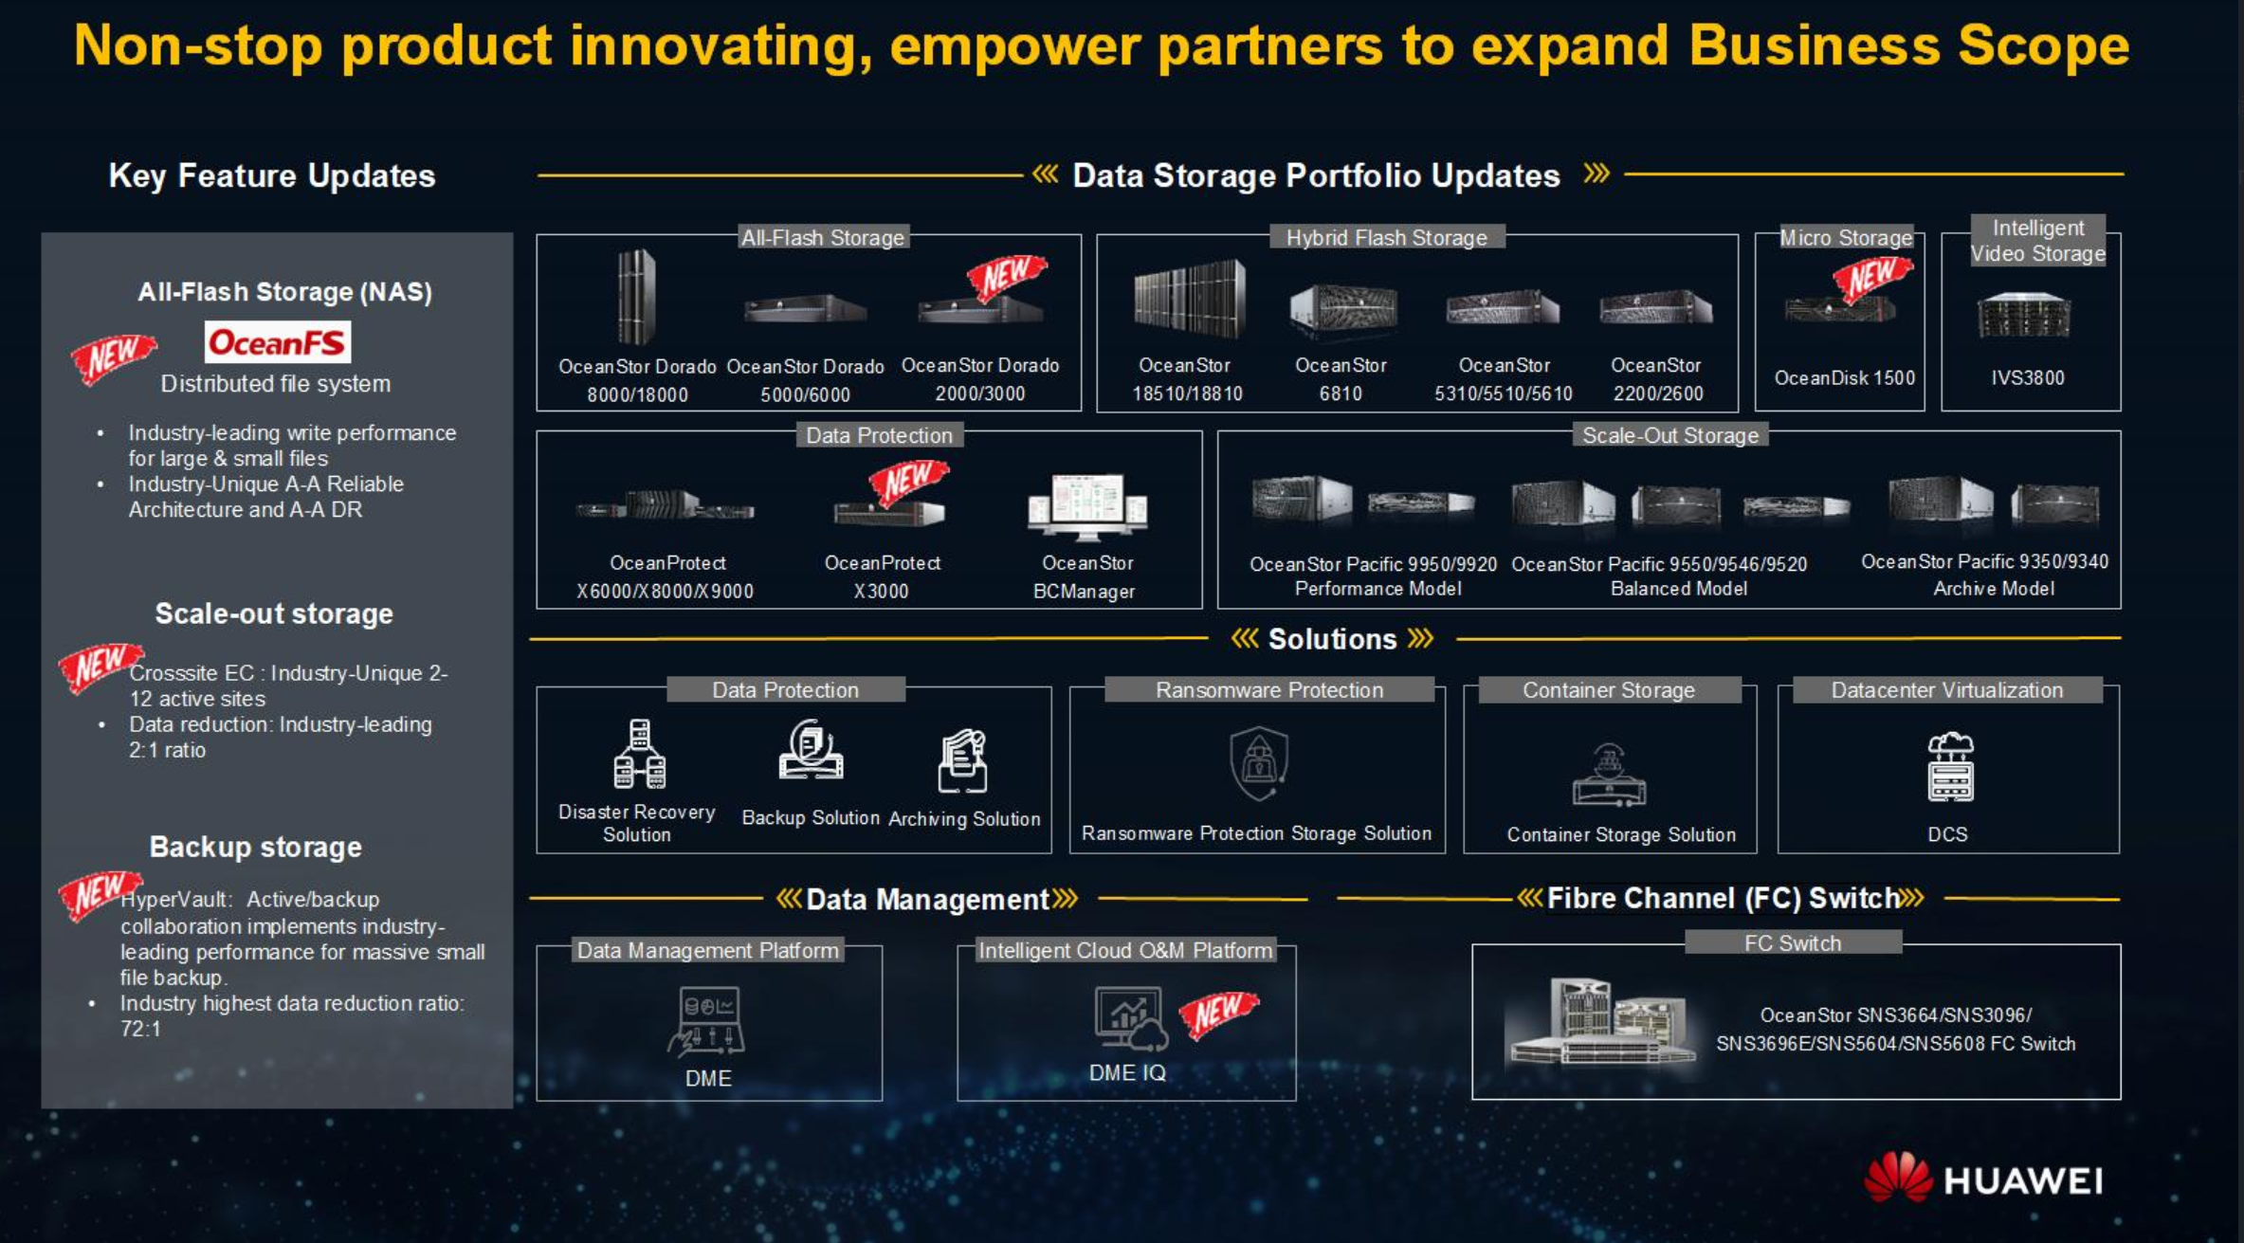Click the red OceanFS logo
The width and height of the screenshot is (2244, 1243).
point(277,341)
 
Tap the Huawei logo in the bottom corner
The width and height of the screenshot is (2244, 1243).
point(1983,1179)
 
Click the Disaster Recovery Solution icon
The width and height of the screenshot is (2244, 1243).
point(640,754)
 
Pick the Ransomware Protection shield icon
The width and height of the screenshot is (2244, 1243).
point(1259,762)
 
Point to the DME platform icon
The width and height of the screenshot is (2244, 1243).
point(707,1021)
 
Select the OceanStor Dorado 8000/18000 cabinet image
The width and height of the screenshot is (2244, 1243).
point(636,297)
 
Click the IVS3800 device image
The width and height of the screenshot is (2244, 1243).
point(2024,316)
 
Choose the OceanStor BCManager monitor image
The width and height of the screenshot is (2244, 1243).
point(1087,504)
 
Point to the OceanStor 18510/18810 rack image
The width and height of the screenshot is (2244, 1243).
point(1189,299)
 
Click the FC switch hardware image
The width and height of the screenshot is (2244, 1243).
point(1599,1022)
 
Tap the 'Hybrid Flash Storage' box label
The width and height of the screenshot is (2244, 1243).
point(1386,237)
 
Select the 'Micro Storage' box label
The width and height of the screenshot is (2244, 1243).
point(1845,237)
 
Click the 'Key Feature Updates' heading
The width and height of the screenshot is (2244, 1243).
point(272,175)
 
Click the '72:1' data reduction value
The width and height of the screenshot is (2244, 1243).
point(140,1029)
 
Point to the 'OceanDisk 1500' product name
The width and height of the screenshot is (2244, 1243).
point(1845,377)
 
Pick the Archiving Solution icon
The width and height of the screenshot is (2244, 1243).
point(963,760)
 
